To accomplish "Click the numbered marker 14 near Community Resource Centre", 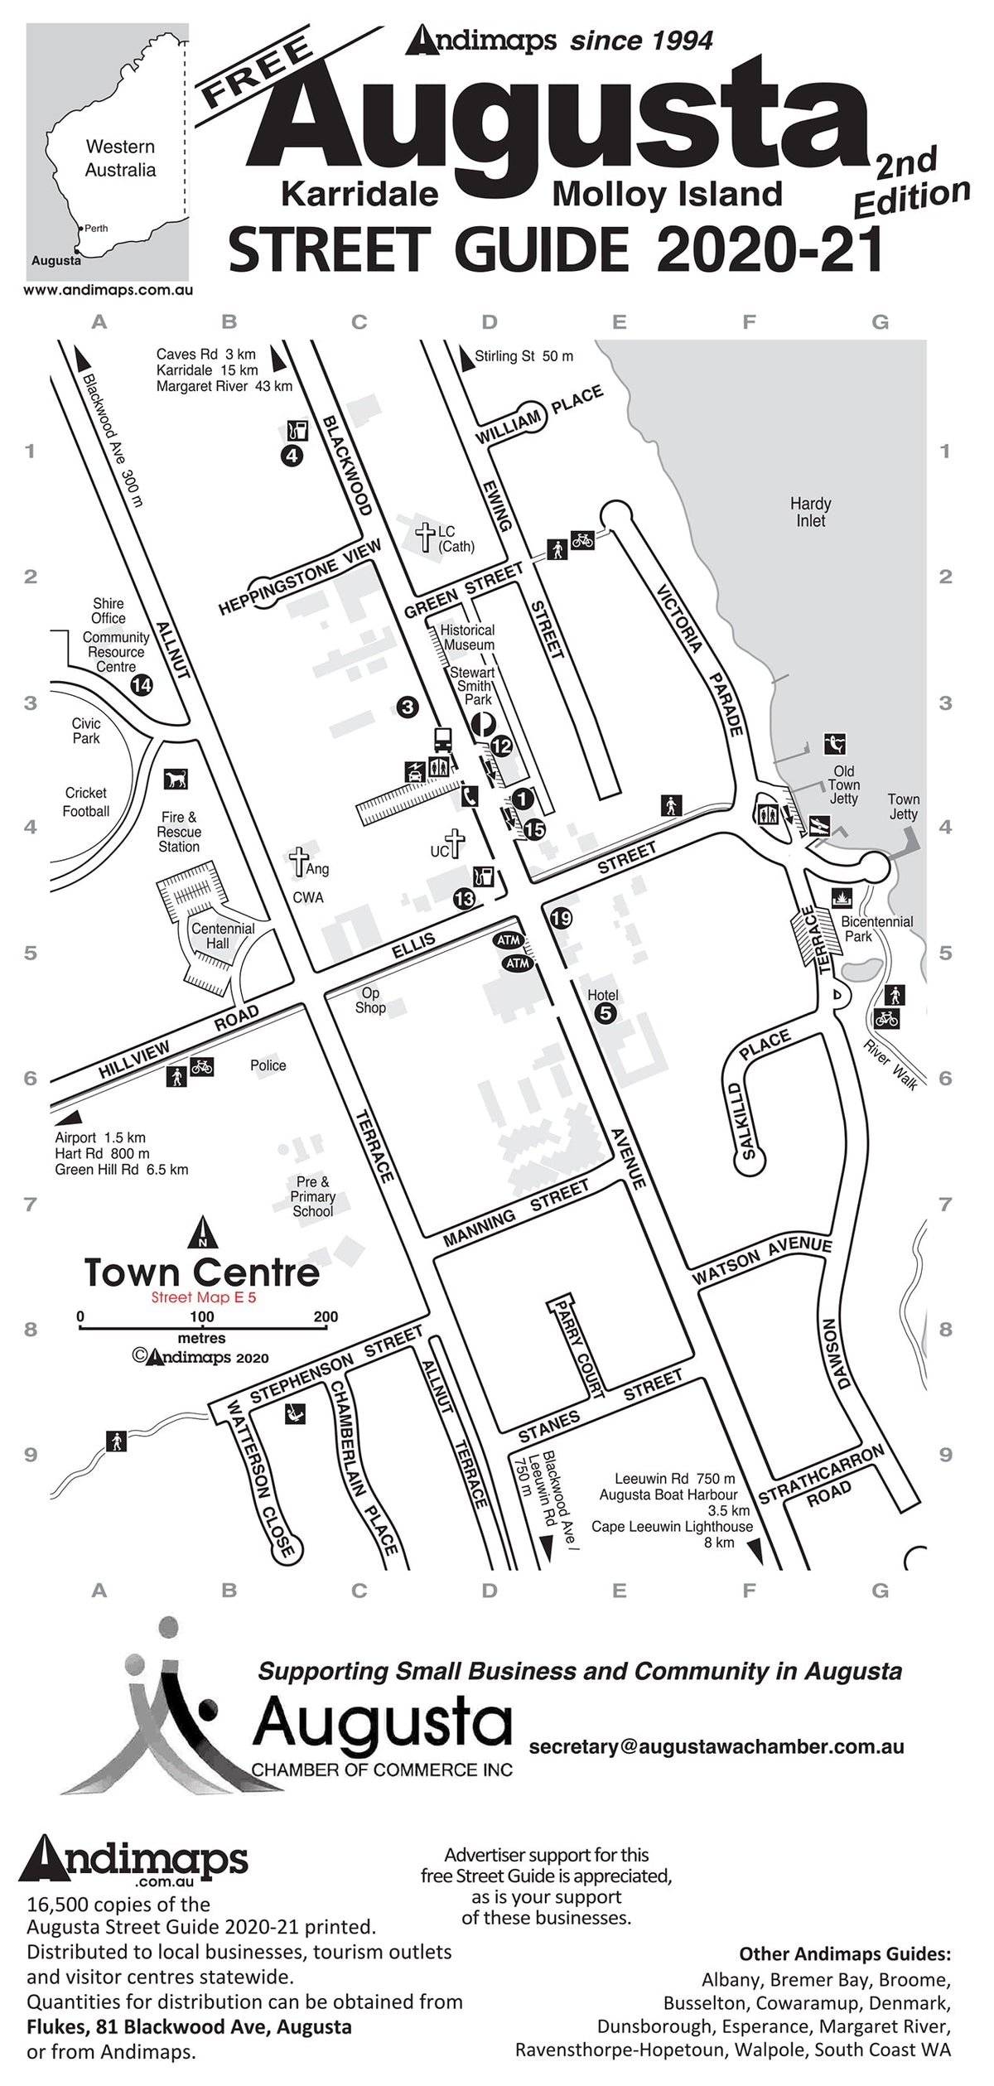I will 142,685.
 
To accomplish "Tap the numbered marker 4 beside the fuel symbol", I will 292,455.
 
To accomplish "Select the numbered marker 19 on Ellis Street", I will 562,918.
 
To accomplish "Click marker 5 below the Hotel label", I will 606,1012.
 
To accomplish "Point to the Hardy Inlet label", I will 810,512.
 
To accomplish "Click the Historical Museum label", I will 468,637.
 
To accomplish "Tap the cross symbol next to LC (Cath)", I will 426,538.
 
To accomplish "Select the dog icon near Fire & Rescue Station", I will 176,779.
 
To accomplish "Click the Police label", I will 268,1065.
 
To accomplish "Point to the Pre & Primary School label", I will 312,1196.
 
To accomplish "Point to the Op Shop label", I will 370,1000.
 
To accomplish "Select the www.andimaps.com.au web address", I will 108,290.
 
